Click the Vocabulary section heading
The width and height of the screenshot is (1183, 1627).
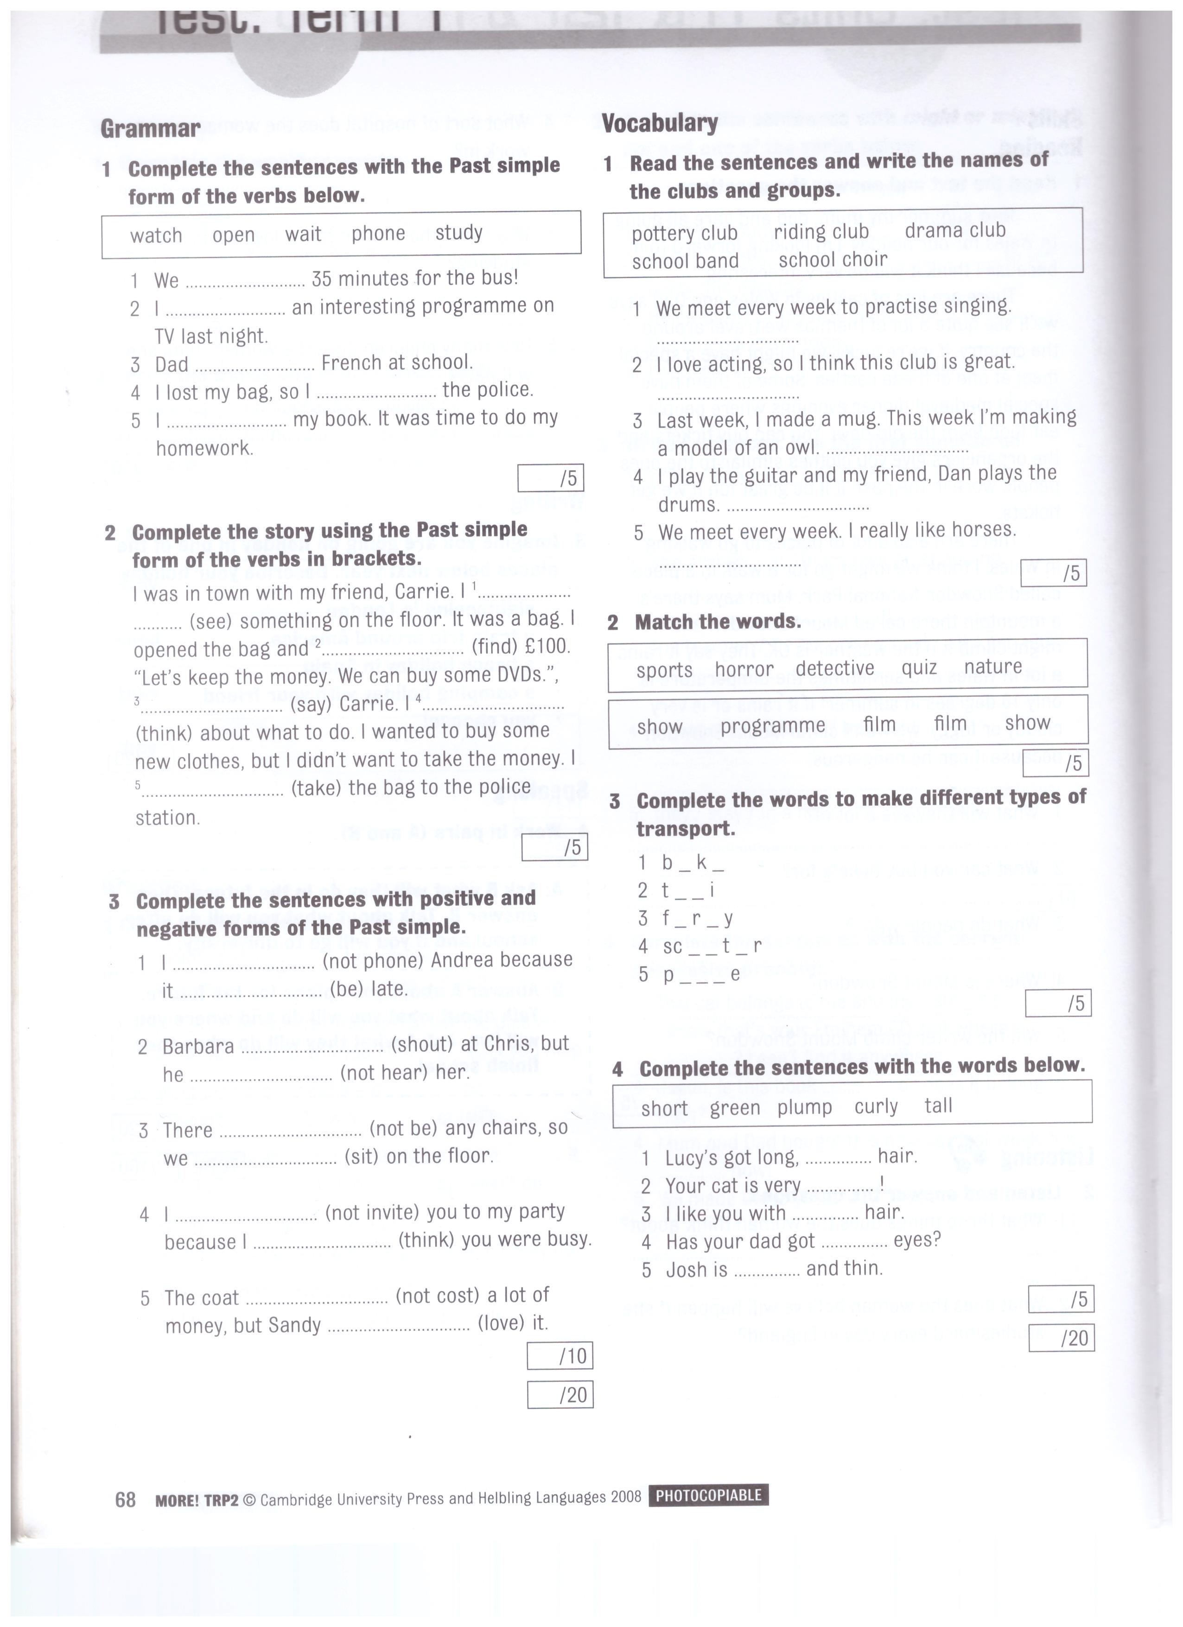point(659,123)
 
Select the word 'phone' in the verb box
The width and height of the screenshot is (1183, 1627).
point(378,233)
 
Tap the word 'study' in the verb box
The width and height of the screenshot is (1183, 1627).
point(458,232)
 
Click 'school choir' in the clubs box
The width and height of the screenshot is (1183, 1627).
point(833,259)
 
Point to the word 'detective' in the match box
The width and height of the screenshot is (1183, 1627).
point(835,668)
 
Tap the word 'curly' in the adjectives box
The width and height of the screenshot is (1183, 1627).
point(876,1106)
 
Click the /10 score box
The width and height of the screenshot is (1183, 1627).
point(560,1355)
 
